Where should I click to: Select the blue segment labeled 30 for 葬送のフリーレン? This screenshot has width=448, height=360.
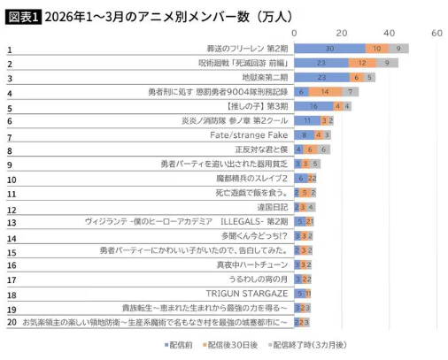tap(329, 49)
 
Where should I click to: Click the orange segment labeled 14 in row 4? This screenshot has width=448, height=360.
tap(326, 92)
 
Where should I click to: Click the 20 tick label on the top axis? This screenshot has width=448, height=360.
tap(342, 33)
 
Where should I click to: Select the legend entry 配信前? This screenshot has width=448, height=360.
tap(182, 346)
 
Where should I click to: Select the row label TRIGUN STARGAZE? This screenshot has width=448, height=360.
tap(243, 293)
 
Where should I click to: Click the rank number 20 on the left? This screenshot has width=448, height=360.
tap(11, 323)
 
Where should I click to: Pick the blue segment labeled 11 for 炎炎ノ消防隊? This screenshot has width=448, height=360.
tap(307, 120)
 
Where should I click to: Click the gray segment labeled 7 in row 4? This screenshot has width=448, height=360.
tap(351, 92)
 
